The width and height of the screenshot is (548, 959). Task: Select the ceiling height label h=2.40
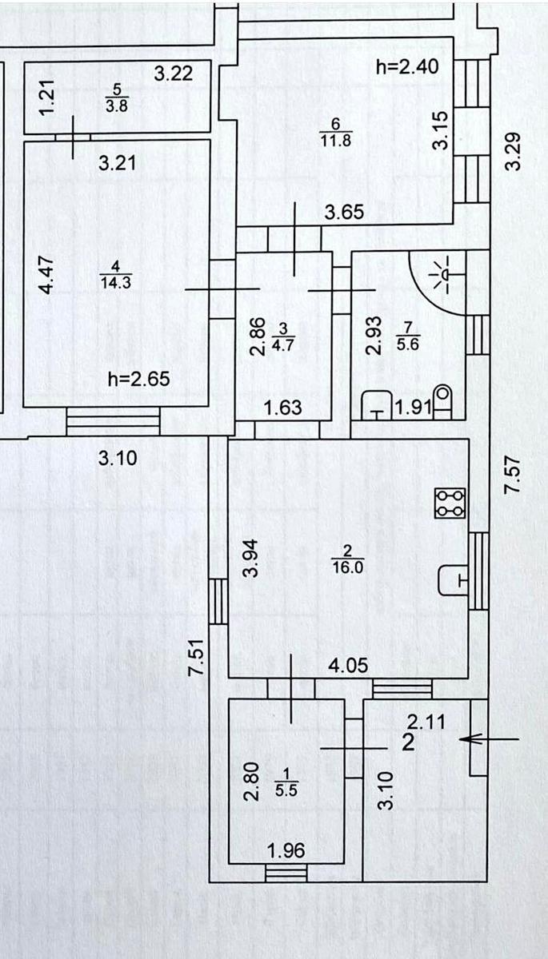(x=407, y=67)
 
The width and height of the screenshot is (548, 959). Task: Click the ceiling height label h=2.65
(x=138, y=379)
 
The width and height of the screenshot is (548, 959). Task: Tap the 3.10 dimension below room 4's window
(x=118, y=459)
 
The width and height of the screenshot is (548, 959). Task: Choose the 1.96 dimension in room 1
(x=287, y=851)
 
